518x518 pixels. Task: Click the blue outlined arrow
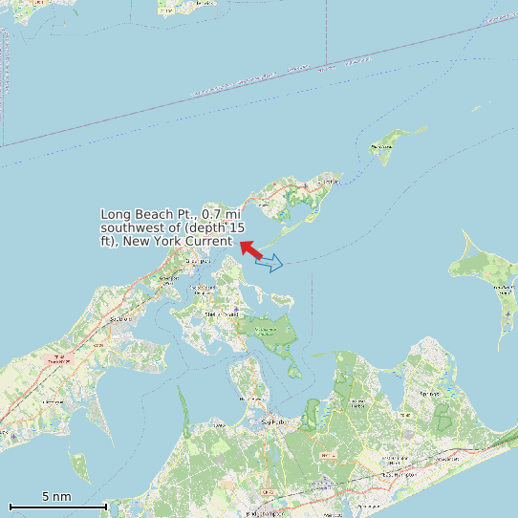270,263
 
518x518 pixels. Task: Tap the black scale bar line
57,506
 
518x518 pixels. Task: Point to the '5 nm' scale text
56,496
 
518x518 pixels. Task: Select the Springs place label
430,394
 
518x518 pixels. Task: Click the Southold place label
120,318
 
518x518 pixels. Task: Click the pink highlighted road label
59,360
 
